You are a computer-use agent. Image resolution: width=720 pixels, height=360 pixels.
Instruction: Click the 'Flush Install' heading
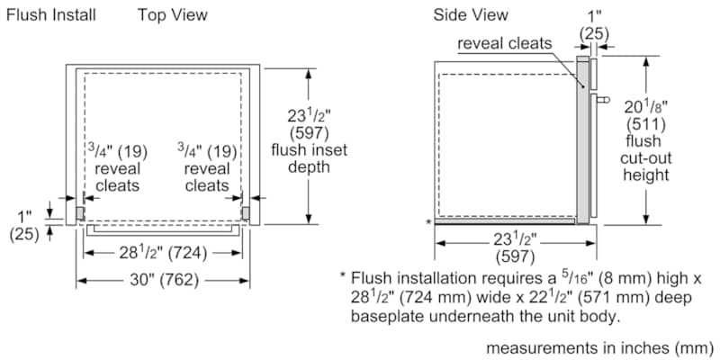click(x=51, y=14)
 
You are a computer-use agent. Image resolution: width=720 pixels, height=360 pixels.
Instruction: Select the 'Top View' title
click(x=172, y=14)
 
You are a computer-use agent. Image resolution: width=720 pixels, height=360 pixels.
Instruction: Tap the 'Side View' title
click(x=470, y=14)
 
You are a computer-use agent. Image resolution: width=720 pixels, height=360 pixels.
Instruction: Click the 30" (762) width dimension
click(x=163, y=281)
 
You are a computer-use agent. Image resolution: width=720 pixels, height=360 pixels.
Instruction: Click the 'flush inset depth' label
click(x=309, y=158)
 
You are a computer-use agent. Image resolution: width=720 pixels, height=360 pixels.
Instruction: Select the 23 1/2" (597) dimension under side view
click(x=515, y=248)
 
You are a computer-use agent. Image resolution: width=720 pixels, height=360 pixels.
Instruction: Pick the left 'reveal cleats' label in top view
click(x=117, y=176)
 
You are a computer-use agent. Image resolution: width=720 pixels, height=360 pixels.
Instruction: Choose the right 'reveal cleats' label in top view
click(x=207, y=176)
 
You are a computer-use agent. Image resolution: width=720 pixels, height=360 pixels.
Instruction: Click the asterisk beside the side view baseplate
click(x=427, y=220)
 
